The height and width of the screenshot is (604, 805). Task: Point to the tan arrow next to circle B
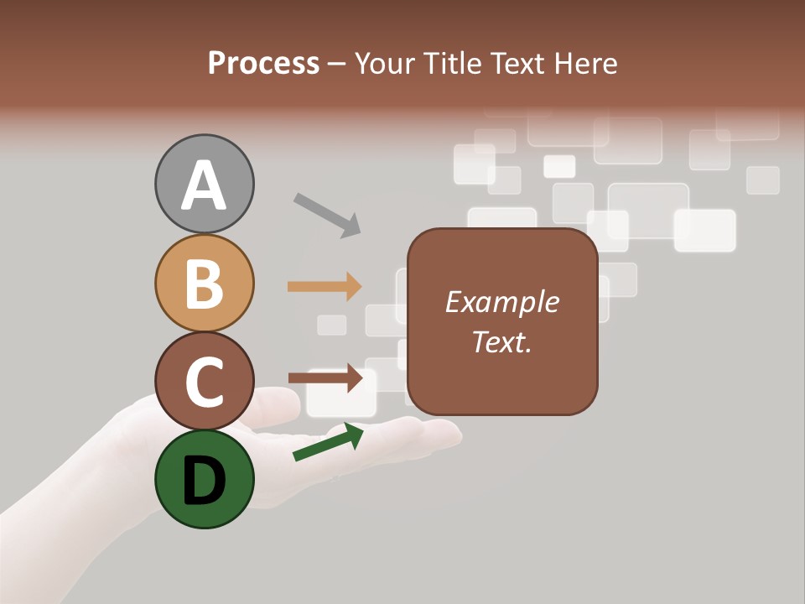(x=325, y=286)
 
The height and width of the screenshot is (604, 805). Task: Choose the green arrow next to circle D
(x=328, y=443)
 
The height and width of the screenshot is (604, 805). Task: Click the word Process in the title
(x=263, y=64)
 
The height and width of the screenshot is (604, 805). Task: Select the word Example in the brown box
(x=501, y=302)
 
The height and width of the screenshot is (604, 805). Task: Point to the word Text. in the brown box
(x=501, y=341)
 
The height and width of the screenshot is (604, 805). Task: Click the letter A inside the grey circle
(x=204, y=186)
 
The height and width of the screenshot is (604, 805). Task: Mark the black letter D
(x=204, y=480)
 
